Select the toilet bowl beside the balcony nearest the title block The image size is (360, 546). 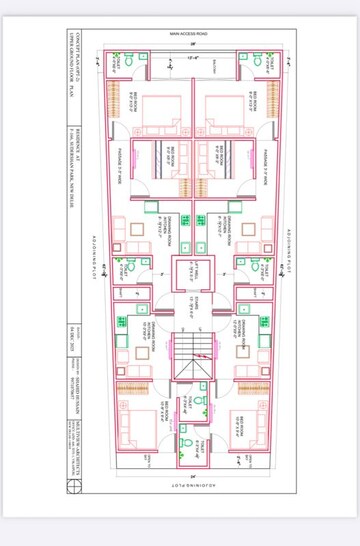(118, 56)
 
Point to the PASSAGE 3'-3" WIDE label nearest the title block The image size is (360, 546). (120, 160)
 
